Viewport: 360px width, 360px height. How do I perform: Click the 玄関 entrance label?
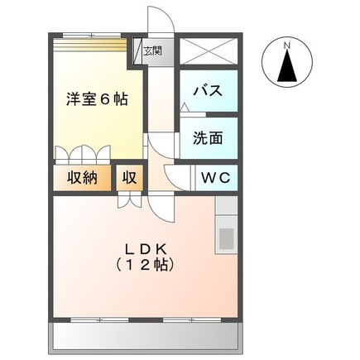click(152, 51)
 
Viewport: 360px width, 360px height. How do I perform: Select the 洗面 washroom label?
click(208, 138)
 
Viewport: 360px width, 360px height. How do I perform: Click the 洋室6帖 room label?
click(97, 99)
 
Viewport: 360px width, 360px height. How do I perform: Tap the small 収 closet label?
click(130, 176)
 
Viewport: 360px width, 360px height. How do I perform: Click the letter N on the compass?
click(287, 46)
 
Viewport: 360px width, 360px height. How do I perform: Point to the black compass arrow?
click(287, 66)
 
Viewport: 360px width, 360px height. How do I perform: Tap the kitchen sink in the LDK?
click(225, 238)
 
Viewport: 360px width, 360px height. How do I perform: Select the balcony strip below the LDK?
click(146, 335)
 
